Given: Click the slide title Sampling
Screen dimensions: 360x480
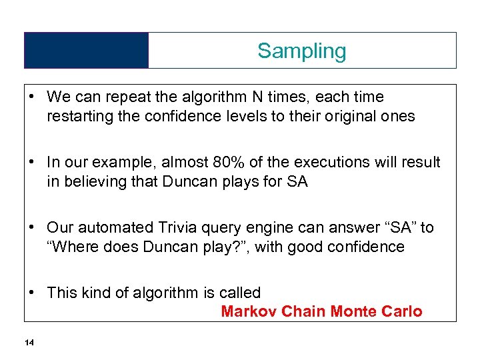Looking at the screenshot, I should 302,51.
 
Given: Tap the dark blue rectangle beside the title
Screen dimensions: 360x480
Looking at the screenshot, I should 86,51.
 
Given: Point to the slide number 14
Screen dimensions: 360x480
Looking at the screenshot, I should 28,343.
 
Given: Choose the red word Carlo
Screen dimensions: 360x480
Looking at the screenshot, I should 401,311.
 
